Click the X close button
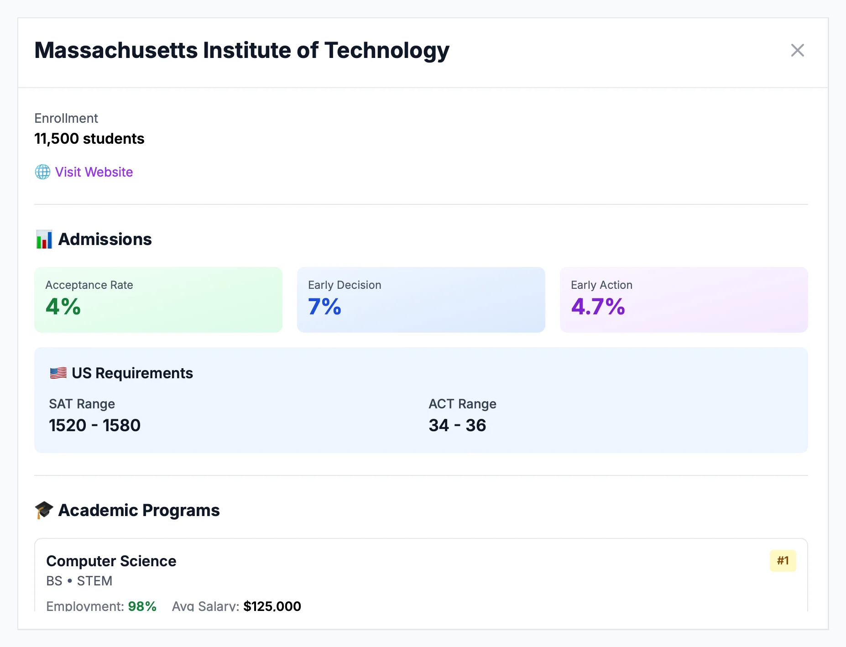tap(797, 50)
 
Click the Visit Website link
tap(94, 172)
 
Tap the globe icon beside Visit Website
tap(42, 172)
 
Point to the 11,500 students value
tap(89, 139)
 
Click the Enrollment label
tap(66, 118)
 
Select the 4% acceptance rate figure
tap(63, 307)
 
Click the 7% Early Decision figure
tap(324, 307)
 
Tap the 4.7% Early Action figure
tap(598, 307)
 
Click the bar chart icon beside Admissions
tap(44, 239)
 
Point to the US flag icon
tap(58, 373)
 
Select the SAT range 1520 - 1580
tap(94, 425)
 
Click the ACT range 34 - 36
tap(457, 425)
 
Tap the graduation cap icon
tap(44, 510)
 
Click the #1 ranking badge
tap(783, 561)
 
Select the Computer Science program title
tap(111, 561)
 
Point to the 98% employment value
tap(142, 606)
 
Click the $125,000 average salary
tap(272, 606)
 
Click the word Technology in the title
tap(386, 50)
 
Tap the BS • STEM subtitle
tap(79, 581)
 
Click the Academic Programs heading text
tap(139, 510)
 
